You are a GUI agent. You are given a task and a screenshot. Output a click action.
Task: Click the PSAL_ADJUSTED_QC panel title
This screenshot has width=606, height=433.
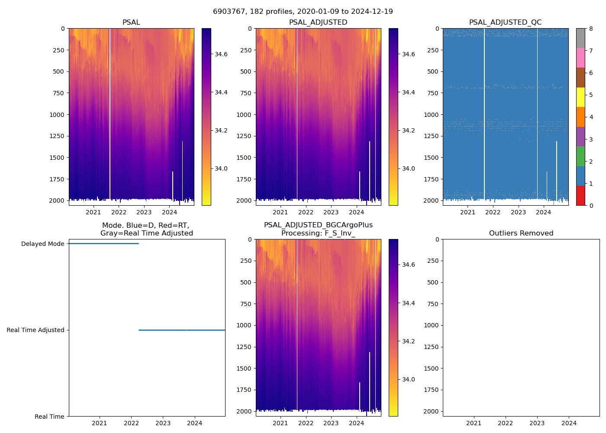[505, 23]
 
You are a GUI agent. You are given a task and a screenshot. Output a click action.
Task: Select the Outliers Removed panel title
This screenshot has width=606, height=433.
[521, 233]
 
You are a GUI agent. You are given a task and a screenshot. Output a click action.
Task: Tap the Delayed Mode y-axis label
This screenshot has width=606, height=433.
[42, 244]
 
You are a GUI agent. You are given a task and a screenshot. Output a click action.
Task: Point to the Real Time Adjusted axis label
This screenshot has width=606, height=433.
[35, 330]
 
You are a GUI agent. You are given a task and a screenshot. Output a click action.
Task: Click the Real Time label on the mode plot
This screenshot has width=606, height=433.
[49, 417]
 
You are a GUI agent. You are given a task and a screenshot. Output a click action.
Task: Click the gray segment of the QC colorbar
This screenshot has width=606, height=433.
[580, 38]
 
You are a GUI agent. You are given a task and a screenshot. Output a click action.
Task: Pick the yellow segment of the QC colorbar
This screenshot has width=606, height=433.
[580, 97]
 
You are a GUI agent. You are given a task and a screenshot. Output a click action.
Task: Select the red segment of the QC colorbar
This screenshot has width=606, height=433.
[580, 196]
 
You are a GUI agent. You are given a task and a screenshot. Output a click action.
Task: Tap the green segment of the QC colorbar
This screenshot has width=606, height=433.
[580, 156]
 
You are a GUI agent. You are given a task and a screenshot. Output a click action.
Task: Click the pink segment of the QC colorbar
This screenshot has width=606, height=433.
[580, 58]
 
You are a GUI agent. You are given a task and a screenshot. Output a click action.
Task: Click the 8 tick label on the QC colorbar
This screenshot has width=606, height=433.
[590, 29]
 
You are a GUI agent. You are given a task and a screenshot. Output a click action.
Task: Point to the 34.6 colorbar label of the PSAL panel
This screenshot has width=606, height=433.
[221, 55]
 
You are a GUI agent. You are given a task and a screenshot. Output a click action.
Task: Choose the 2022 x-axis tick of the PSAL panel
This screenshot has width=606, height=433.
[119, 212]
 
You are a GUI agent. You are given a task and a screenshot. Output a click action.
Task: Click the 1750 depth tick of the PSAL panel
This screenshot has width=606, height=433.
[57, 179]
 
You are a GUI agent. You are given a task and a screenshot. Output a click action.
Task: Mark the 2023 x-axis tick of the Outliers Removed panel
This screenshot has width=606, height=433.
[537, 423]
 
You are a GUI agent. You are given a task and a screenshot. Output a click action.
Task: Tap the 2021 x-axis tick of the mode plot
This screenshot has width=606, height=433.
[100, 423]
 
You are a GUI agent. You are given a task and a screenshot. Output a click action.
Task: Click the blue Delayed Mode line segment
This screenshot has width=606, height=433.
[104, 244]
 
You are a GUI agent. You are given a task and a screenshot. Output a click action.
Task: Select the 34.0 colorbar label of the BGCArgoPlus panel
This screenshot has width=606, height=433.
[409, 380]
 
